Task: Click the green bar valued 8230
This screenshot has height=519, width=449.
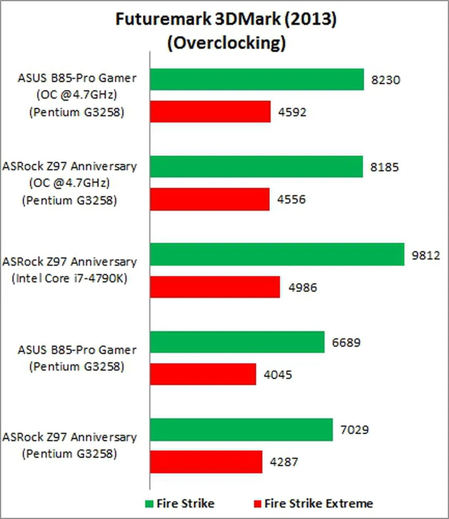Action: click(257, 79)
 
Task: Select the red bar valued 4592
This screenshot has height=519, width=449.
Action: click(210, 112)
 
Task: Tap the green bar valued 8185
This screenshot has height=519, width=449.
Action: click(256, 167)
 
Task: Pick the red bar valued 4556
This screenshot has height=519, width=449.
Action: click(210, 199)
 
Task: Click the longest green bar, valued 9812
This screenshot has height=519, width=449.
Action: click(277, 255)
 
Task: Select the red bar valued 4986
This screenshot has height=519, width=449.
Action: click(215, 287)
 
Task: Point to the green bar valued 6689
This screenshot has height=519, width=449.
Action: click(237, 342)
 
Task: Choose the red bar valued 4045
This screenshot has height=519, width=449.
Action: click(203, 374)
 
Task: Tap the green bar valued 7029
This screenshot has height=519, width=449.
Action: click(241, 429)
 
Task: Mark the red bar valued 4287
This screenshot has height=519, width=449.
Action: click(206, 462)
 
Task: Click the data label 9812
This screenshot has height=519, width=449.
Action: click(426, 255)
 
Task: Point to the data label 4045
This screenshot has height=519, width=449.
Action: click(278, 375)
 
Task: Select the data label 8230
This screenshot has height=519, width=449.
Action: click(385, 80)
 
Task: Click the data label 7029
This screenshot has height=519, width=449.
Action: click(354, 430)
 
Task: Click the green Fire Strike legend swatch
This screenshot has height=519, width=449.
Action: click(149, 504)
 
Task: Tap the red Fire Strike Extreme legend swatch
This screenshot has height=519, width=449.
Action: click(257, 504)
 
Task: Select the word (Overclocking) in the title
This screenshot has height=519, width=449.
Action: click(226, 43)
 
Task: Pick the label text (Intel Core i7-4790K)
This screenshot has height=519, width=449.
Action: click(70, 278)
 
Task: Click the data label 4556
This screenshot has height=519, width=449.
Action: click(291, 199)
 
